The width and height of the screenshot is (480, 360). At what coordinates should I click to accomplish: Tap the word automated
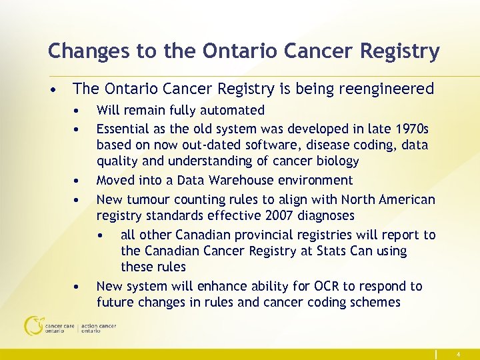click(x=235, y=111)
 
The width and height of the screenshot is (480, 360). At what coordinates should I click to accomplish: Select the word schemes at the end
click(x=377, y=303)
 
